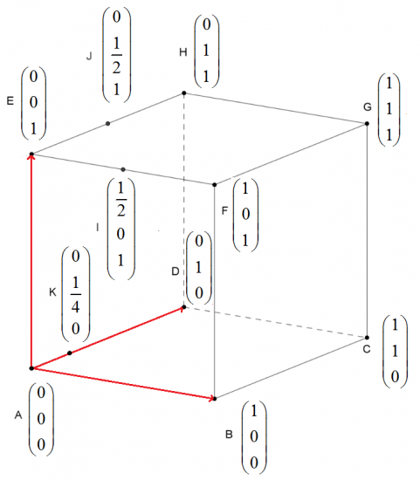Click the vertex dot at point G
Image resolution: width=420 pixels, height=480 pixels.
pyautogui.click(x=367, y=123)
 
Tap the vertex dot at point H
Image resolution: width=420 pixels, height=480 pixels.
pyautogui.click(x=184, y=93)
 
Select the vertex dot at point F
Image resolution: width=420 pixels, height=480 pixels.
pyautogui.click(x=215, y=185)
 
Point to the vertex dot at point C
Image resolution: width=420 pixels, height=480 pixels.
pyautogui.click(x=367, y=338)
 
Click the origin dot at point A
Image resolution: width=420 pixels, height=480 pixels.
pyautogui.click(x=31, y=368)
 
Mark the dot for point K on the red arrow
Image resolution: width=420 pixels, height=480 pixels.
pyautogui.click(x=70, y=353)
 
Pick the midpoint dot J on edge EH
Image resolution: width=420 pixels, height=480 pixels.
pyautogui.click(x=107, y=123)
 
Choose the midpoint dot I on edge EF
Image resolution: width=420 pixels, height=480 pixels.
pyautogui.click(x=123, y=169)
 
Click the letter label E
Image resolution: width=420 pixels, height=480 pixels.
pyautogui.click(x=10, y=100)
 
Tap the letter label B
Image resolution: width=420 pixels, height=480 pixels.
pyautogui.click(x=229, y=435)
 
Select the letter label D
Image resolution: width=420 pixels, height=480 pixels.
pyautogui.click(x=176, y=271)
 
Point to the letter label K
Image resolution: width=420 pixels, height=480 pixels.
pyautogui.click(x=52, y=292)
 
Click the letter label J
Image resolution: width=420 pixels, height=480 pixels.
pyautogui.click(x=89, y=56)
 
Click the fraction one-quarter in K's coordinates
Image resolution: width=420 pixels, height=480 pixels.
pyautogui.click(x=76, y=294)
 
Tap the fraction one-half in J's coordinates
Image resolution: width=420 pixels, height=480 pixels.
pyautogui.click(x=116, y=55)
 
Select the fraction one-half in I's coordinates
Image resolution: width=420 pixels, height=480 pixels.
pyautogui.click(x=121, y=199)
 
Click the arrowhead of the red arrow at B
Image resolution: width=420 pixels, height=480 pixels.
pyautogui.click(x=211, y=398)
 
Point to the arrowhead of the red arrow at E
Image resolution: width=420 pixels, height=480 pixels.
pyautogui.click(x=31, y=157)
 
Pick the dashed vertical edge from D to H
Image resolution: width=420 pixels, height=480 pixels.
pyautogui.click(x=184, y=200)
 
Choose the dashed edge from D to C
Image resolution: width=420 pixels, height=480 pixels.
pyautogui.click(x=275, y=322)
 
